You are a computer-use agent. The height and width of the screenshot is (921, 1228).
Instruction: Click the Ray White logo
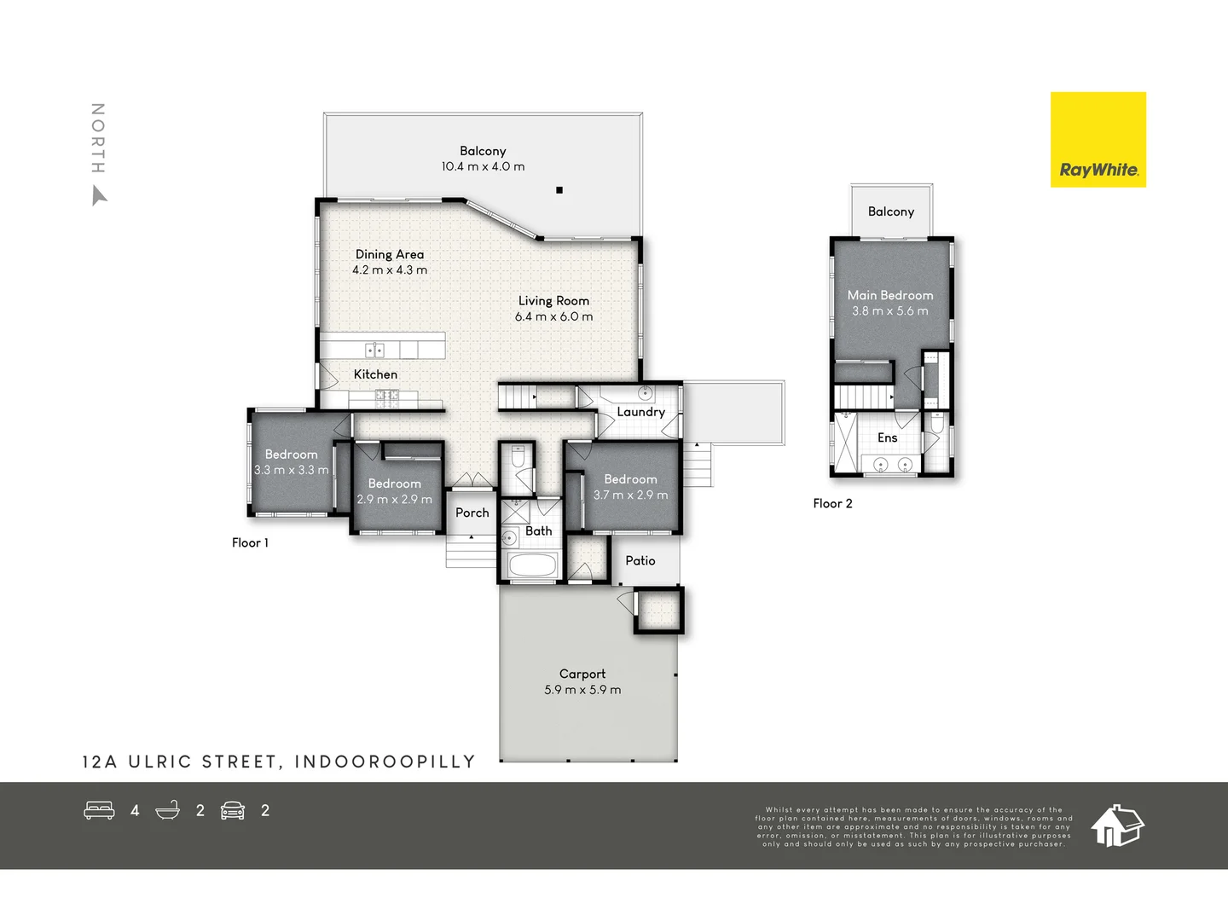coord(1098,140)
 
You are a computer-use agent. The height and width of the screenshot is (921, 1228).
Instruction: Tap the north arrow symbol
coord(99,197)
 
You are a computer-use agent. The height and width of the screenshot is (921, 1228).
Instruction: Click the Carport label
coord(582,674)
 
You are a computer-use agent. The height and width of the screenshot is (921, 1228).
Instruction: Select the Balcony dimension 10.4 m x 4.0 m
coord(483,167)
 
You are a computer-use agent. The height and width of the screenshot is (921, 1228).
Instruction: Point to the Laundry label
coord(640,412)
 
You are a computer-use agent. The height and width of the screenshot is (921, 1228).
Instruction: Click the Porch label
coord(472,513)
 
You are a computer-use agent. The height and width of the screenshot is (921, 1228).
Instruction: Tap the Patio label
coord(640,560)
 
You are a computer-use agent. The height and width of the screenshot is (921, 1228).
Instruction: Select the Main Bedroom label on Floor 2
coord(889,295)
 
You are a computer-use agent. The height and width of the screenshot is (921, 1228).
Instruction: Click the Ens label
coord(887,437)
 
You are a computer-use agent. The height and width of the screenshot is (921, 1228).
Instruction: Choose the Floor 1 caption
coord(250,542)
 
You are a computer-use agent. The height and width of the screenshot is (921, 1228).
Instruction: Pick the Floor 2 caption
coord(832,503)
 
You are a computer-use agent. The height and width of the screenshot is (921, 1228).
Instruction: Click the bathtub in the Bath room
coord(531,565)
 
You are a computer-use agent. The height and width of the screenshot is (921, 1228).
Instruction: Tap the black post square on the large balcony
coord(559,190)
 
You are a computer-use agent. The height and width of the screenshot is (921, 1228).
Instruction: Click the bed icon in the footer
coord(99,810)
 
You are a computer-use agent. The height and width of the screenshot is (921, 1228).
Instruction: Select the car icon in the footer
coord(233,810)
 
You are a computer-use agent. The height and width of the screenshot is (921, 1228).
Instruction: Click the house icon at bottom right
coord(1117,825)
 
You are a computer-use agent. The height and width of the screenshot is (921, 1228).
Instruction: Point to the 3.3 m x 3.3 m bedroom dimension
coord(291,470)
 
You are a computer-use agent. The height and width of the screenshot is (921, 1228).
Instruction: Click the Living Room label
coord(553,301)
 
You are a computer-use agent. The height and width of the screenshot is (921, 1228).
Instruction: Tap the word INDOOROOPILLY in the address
coord(385,762)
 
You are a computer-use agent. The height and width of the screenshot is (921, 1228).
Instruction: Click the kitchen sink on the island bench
coord(374,350)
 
